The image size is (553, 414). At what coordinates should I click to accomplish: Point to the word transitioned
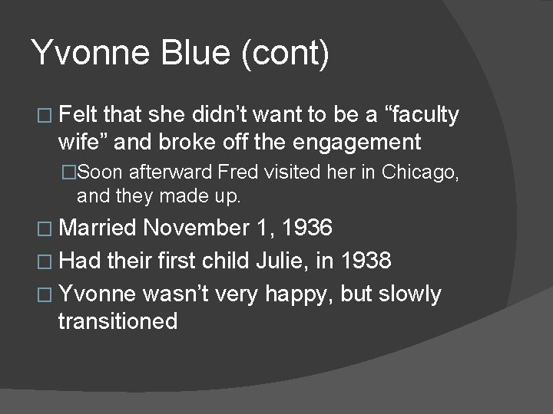pyautogui.click(x=118, y=320)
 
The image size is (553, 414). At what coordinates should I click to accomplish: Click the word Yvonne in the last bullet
pyautogui.click(x=97, y=294)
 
